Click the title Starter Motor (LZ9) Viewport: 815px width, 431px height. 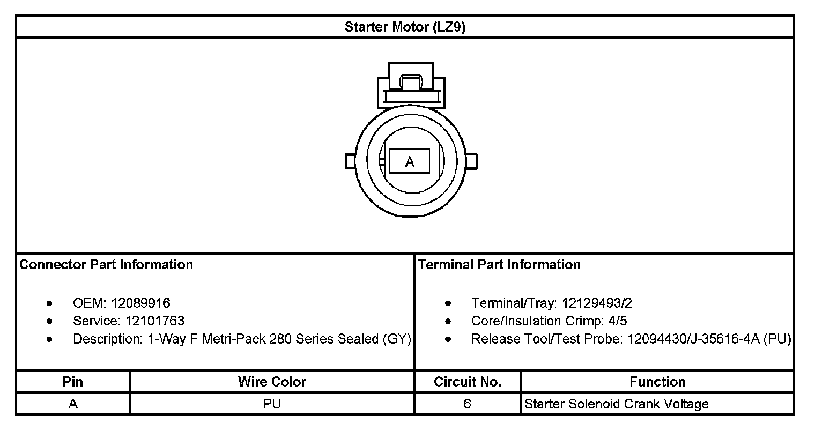click(405, 27)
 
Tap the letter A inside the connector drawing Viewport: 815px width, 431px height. click(410, 161)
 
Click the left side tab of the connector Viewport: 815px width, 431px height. click(350, 161)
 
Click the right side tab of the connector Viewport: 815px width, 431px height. click(471, 161)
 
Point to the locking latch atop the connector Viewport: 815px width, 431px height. click(411, 85)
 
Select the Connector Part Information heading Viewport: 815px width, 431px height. click(106, 264)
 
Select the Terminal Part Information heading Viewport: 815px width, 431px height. click(499, 264)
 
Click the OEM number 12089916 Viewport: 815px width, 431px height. click(140, 303)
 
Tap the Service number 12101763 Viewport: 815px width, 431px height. click(154, 321)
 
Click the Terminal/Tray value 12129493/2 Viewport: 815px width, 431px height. click(597, 303)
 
